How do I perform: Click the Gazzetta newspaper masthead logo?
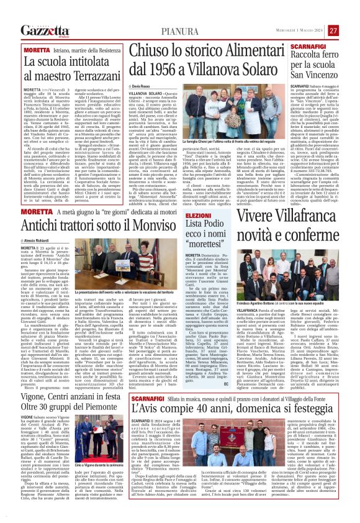click(44, 30)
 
